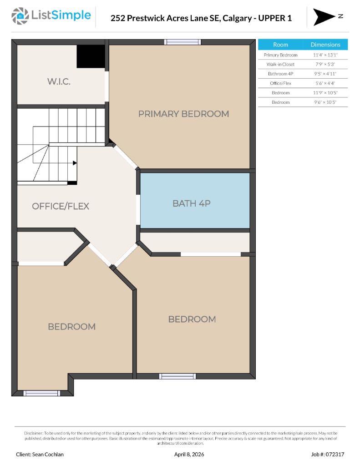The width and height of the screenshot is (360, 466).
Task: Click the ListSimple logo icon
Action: (20, 16)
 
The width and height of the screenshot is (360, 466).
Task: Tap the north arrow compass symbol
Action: (324, 17)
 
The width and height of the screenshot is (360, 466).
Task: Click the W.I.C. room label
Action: (59, 82)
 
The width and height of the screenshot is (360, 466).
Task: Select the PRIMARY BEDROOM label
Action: (183, 114)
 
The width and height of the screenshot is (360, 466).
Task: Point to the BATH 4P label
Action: (191, 203)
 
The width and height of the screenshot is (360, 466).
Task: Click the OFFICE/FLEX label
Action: (61, 206)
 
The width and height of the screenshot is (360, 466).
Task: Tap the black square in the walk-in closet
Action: (91, 56)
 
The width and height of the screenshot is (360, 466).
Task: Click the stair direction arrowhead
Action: (74, 162)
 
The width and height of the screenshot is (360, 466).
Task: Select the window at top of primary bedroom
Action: (183, 42)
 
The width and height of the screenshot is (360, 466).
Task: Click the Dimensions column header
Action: (325, 45)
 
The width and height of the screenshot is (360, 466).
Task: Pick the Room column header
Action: (280, 45)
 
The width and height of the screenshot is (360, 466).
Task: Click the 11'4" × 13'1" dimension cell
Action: (325, 55)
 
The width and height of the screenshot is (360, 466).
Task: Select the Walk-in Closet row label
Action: (280, 64)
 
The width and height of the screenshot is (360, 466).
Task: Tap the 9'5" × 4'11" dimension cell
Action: (325, 74)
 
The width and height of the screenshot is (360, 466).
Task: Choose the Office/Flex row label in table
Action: (280, 83)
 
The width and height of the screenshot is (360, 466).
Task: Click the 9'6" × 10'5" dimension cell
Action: (325, 102)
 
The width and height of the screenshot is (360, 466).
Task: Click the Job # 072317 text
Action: (327, 454)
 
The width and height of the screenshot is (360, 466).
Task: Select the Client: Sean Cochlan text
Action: (40, 454)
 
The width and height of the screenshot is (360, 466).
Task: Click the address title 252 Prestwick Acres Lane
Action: (201, 18)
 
